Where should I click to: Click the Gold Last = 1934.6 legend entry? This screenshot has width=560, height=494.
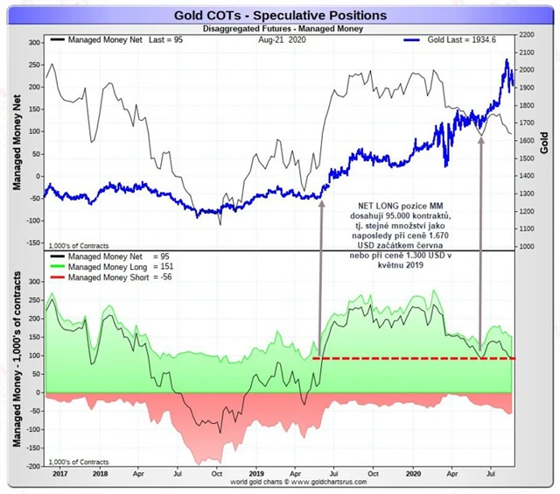462,40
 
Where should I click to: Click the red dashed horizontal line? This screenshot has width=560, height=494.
411,358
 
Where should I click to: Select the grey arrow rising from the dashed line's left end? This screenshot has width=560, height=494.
321,280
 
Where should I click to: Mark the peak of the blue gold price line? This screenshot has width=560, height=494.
507,60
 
